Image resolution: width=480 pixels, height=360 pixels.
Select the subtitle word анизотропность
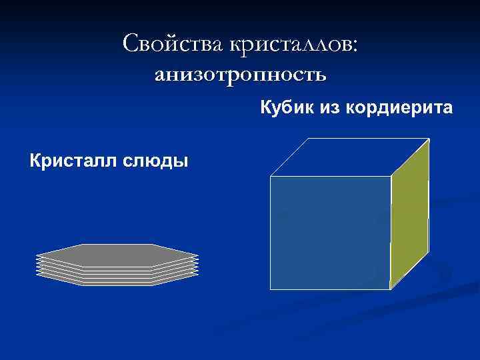coord(240,75)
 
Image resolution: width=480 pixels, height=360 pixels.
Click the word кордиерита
coord(399,107)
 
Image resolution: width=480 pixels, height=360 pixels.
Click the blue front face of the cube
coord(330,233)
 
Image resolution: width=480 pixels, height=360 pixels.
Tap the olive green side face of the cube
coord(409,213)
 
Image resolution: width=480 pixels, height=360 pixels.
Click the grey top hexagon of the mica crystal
coord(117,255)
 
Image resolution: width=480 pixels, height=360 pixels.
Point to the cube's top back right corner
coord(429,139)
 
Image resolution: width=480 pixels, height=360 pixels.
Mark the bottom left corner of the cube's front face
coord(270,289)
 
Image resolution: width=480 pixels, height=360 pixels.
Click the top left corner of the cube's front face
coord(270,177)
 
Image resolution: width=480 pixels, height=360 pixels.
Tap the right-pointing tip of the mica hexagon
coord(198,255)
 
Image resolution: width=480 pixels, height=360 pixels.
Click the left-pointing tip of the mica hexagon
coord(37,255)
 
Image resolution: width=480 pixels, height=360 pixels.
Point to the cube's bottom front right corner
coord(390,289)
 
